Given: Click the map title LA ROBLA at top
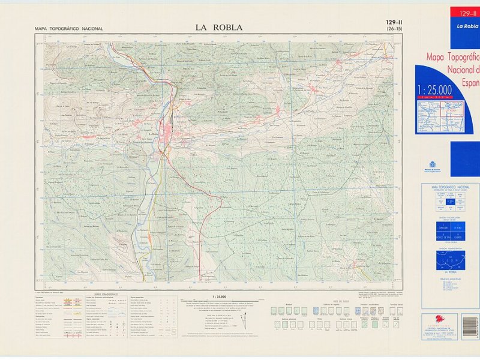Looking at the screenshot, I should pyautogui.click(x=218, y=26).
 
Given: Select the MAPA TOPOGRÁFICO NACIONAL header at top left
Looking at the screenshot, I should pyautogui.click(x=69, y=29).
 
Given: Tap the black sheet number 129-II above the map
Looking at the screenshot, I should pyautogui.click(x=394, y=23).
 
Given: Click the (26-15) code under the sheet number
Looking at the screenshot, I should pyautogui.click(x=394, y=29).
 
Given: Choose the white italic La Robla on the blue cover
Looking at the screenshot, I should pyautogui.click(x=467, y=26).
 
